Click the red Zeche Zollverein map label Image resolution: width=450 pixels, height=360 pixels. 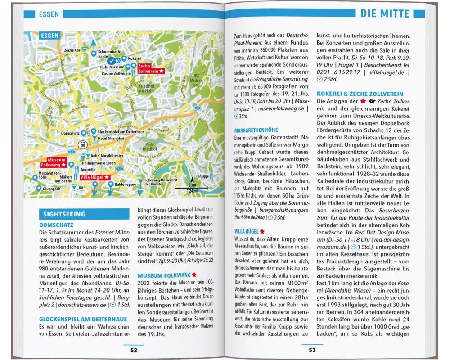click(151, 68)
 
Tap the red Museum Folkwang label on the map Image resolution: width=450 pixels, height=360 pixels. click(57, 162)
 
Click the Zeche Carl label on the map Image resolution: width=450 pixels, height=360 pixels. click(72, 50)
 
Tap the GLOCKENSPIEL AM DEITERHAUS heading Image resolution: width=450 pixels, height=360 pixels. click(83, 319)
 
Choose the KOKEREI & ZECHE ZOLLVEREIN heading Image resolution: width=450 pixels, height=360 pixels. click(360, 94)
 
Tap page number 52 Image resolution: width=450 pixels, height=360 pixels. click(134, 350)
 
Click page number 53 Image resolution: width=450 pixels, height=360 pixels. click(312, 350)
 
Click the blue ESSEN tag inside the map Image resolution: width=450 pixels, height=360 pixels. click(49, 36)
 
